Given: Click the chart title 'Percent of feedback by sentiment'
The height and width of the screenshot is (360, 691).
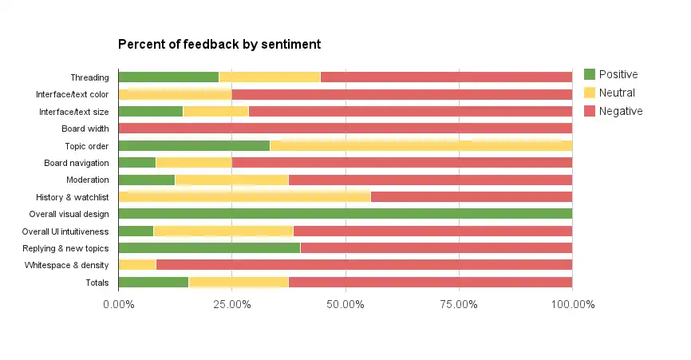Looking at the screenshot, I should [219, 44].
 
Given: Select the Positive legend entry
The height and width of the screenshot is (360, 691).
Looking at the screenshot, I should [611, 74].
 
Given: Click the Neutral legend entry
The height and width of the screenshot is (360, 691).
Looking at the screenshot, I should [610, 93].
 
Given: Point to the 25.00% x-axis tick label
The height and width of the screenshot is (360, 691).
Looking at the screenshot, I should [231, 304].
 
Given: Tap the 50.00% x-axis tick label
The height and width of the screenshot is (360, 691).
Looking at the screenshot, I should [345, 304].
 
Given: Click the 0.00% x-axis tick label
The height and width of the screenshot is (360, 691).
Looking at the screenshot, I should [118, 304].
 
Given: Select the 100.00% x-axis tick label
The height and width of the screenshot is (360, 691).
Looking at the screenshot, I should [572, 304].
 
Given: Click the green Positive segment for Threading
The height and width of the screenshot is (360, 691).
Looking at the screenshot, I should [168, 77].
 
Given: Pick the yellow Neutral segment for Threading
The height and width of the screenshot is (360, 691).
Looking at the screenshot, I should [270, 77].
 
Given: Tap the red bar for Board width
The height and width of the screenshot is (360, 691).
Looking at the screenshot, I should [345, 128].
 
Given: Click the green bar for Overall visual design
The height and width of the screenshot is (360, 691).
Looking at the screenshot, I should [345, 214].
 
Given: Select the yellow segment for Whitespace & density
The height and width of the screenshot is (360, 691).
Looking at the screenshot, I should [137, 265].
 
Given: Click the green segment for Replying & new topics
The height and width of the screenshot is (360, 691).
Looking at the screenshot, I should [209, 248].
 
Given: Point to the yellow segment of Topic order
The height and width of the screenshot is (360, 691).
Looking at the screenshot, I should [421, 146].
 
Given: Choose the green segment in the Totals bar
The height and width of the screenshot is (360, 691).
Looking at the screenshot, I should [153, 283].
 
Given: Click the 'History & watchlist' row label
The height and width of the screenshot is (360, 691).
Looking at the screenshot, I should [72, 197].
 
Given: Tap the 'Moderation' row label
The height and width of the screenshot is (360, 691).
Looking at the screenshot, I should [87, 180].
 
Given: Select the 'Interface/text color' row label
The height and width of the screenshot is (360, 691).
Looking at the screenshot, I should [72, 94].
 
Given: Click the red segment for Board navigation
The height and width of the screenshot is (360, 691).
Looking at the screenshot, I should [401, 163].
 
